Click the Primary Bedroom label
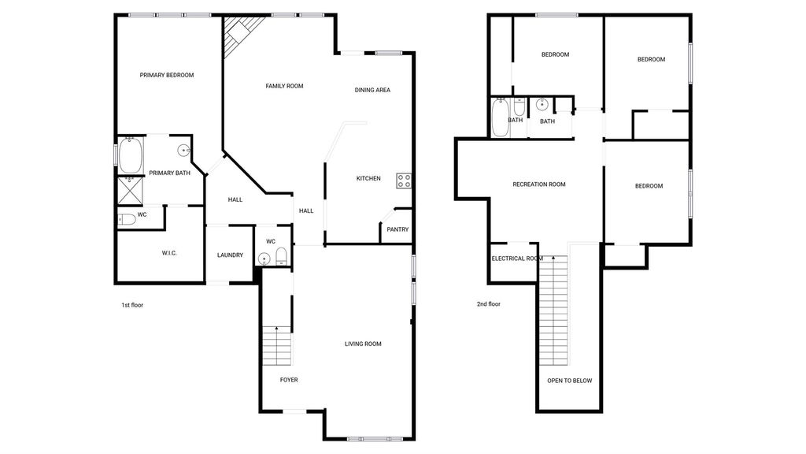(x=167, y=75)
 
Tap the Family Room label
(x=284, y=86)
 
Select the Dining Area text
(x=372, y=90)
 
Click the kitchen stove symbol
(x=404, y=180)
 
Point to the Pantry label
(x=397, y=229)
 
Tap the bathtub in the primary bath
(x=130, y=155)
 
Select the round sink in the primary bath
(x=184, y=151)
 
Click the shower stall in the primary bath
(x=130, y=191)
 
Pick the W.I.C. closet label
(x=169, y=253)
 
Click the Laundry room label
(x=230, y=255)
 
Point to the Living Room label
(x=363, y=344)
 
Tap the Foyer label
(x=289, y=380)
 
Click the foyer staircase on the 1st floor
(x=277, y=346)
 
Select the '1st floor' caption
(x=132, y=305)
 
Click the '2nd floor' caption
(x=488, y=304)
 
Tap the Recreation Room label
(x=538, y=184)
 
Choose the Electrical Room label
(x=517, y=259)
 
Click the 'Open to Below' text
(x=570, y=381)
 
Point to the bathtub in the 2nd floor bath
(x=500, y=117)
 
